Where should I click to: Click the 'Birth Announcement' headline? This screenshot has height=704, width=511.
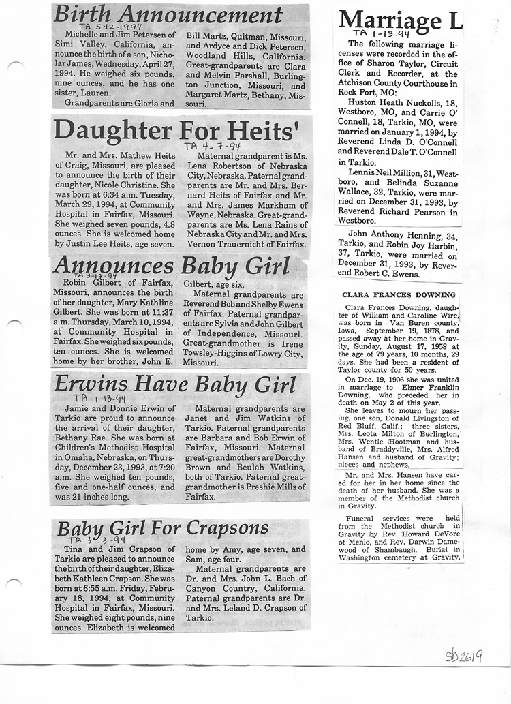point(168,15)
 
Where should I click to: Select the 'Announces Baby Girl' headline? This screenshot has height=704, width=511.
point(171,265)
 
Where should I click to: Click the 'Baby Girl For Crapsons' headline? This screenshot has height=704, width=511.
point(163,528)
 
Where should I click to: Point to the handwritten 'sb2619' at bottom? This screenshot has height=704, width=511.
point(464,656)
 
